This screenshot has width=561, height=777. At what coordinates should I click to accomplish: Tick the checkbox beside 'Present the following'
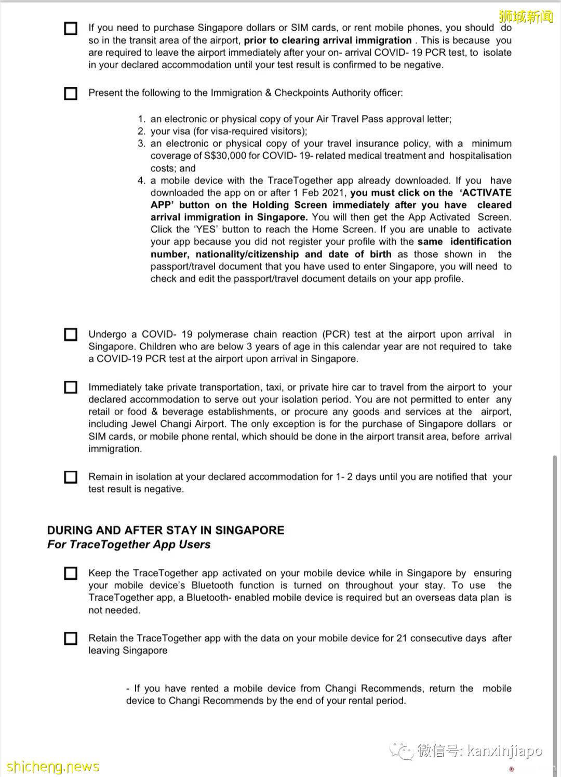tap(71, 94)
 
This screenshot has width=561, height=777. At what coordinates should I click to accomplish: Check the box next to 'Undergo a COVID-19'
tap(71, 334)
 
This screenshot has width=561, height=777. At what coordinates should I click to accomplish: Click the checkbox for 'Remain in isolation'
tap(71, 477)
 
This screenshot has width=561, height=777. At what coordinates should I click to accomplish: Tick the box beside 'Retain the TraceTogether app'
tap(71, 638)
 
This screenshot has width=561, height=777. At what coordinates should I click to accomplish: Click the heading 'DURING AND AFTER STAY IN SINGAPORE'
tap(166, 530)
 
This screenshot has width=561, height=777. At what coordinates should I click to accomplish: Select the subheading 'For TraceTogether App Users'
tap(129, 545)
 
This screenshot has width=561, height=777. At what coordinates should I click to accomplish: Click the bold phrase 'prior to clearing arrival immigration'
tap(328, 40)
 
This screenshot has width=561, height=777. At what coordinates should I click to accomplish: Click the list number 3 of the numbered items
tap(141, 144)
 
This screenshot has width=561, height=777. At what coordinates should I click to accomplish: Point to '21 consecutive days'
tap(441, 638)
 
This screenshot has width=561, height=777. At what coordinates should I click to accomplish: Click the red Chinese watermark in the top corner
tap(526, 17)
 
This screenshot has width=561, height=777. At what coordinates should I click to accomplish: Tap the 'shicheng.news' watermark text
tap(52, 767)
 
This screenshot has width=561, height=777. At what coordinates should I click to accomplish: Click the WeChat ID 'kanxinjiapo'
tap(504, 751)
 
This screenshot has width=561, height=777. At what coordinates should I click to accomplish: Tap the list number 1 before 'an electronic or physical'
tap(141, 119)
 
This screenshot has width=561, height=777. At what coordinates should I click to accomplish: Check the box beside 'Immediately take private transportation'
tap(71, 387)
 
